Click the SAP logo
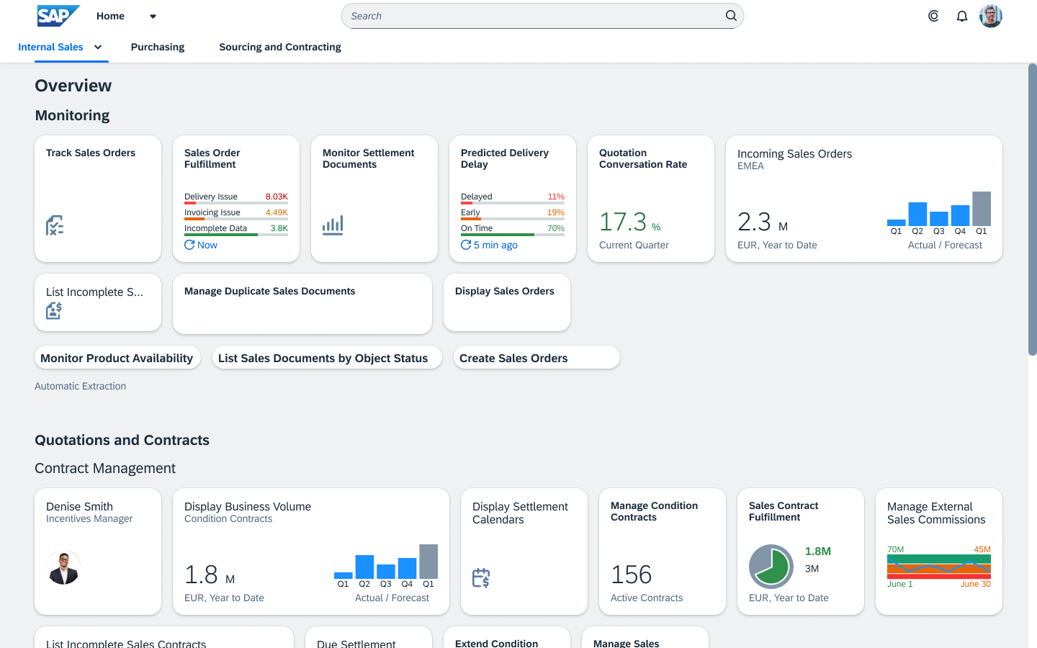click(x=58, y=16)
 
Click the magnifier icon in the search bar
click(x=731, y=16)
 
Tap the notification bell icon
click(x=961, y=16)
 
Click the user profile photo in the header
click(x=990, y=16)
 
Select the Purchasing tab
click(x=158, y=47)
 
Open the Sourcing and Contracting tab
click(x=279, y=47)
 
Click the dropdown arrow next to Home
click(x=153, y=16)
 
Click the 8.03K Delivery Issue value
click(x=277, y=197)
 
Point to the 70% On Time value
click(x=555, y=228)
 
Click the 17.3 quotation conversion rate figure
click(x=623, y=222)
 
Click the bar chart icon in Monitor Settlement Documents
click(x=333, y=225)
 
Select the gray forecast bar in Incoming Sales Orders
click(x=981, y=209)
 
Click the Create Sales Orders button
click(x=536, y=358)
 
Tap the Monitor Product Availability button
click(x=117, y=358)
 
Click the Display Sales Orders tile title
click(x=504, y=291)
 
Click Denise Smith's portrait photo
click(x=63, y=567)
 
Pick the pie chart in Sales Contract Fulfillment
click(x=771, y=567)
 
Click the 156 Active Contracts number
click(x=631, y=575)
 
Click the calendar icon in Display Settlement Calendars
click(x=481, y=577)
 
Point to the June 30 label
click(x=975, y=584)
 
